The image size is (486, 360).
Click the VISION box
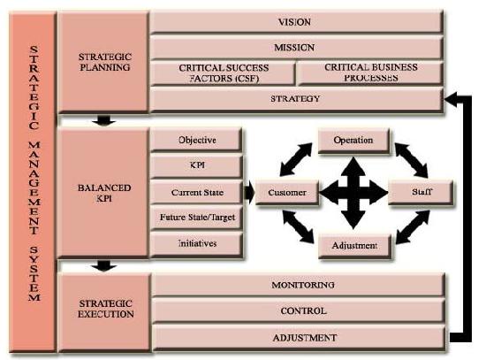point(296,22)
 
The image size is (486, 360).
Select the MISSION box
point(296,48)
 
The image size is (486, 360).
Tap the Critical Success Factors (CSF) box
point(223,73)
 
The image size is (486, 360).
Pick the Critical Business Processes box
point(370,73)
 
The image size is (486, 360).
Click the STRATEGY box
point(296,99)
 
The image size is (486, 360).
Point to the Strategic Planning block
point(103,62)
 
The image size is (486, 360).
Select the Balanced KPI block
point(103,193)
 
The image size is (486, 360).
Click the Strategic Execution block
point(105,312)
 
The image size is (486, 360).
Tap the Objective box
point(196,140)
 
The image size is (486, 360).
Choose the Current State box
point(196,192)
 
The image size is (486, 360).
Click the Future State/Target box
point(196,218)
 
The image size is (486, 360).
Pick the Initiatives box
point(196,244)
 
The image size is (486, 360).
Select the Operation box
point(354,141)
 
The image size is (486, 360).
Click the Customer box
point(287,193)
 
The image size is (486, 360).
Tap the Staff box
point(421,193)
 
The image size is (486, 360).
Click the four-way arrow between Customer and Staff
point(353,193)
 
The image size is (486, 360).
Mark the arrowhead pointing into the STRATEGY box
point(451,99)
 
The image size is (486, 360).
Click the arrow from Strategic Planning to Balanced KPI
point(104,120)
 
